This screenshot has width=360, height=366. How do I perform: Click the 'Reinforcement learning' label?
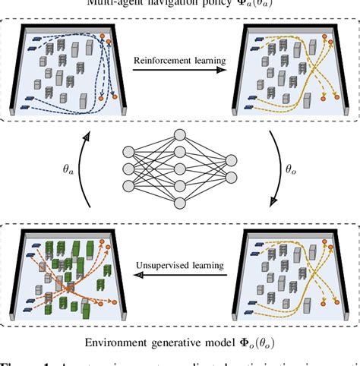(179, 58)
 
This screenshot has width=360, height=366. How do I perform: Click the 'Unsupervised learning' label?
(180, 267)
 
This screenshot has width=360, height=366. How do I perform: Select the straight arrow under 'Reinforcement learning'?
(179, 70)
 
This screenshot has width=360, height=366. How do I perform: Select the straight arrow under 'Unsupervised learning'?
(180, 278)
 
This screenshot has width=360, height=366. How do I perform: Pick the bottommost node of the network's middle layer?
(180, 202)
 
